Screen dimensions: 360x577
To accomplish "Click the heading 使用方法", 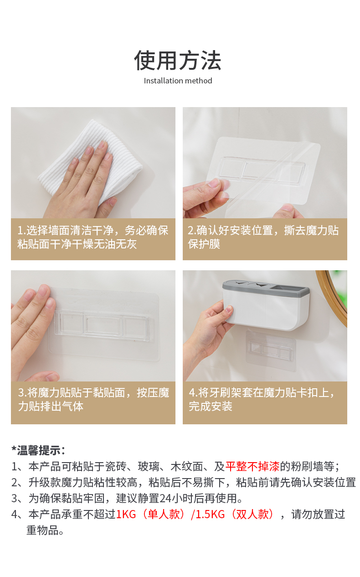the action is pos(178,61).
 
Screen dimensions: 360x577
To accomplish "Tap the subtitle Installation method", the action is pos(178,81).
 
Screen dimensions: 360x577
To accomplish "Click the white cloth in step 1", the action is pos(90,162).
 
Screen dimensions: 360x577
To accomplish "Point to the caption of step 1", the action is pos(93,237).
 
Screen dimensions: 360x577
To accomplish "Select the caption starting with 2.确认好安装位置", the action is pos(263,237).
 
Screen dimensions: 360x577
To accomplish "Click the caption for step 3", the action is pos(93,400).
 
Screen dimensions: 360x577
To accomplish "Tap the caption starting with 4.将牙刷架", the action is pos(262,400).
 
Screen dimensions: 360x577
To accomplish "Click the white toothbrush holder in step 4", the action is pos(267,305).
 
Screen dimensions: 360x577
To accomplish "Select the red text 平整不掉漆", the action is pos(252,467).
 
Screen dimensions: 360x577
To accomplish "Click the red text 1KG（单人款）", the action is pos(151,515).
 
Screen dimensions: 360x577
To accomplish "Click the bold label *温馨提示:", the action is pos(38,450).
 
